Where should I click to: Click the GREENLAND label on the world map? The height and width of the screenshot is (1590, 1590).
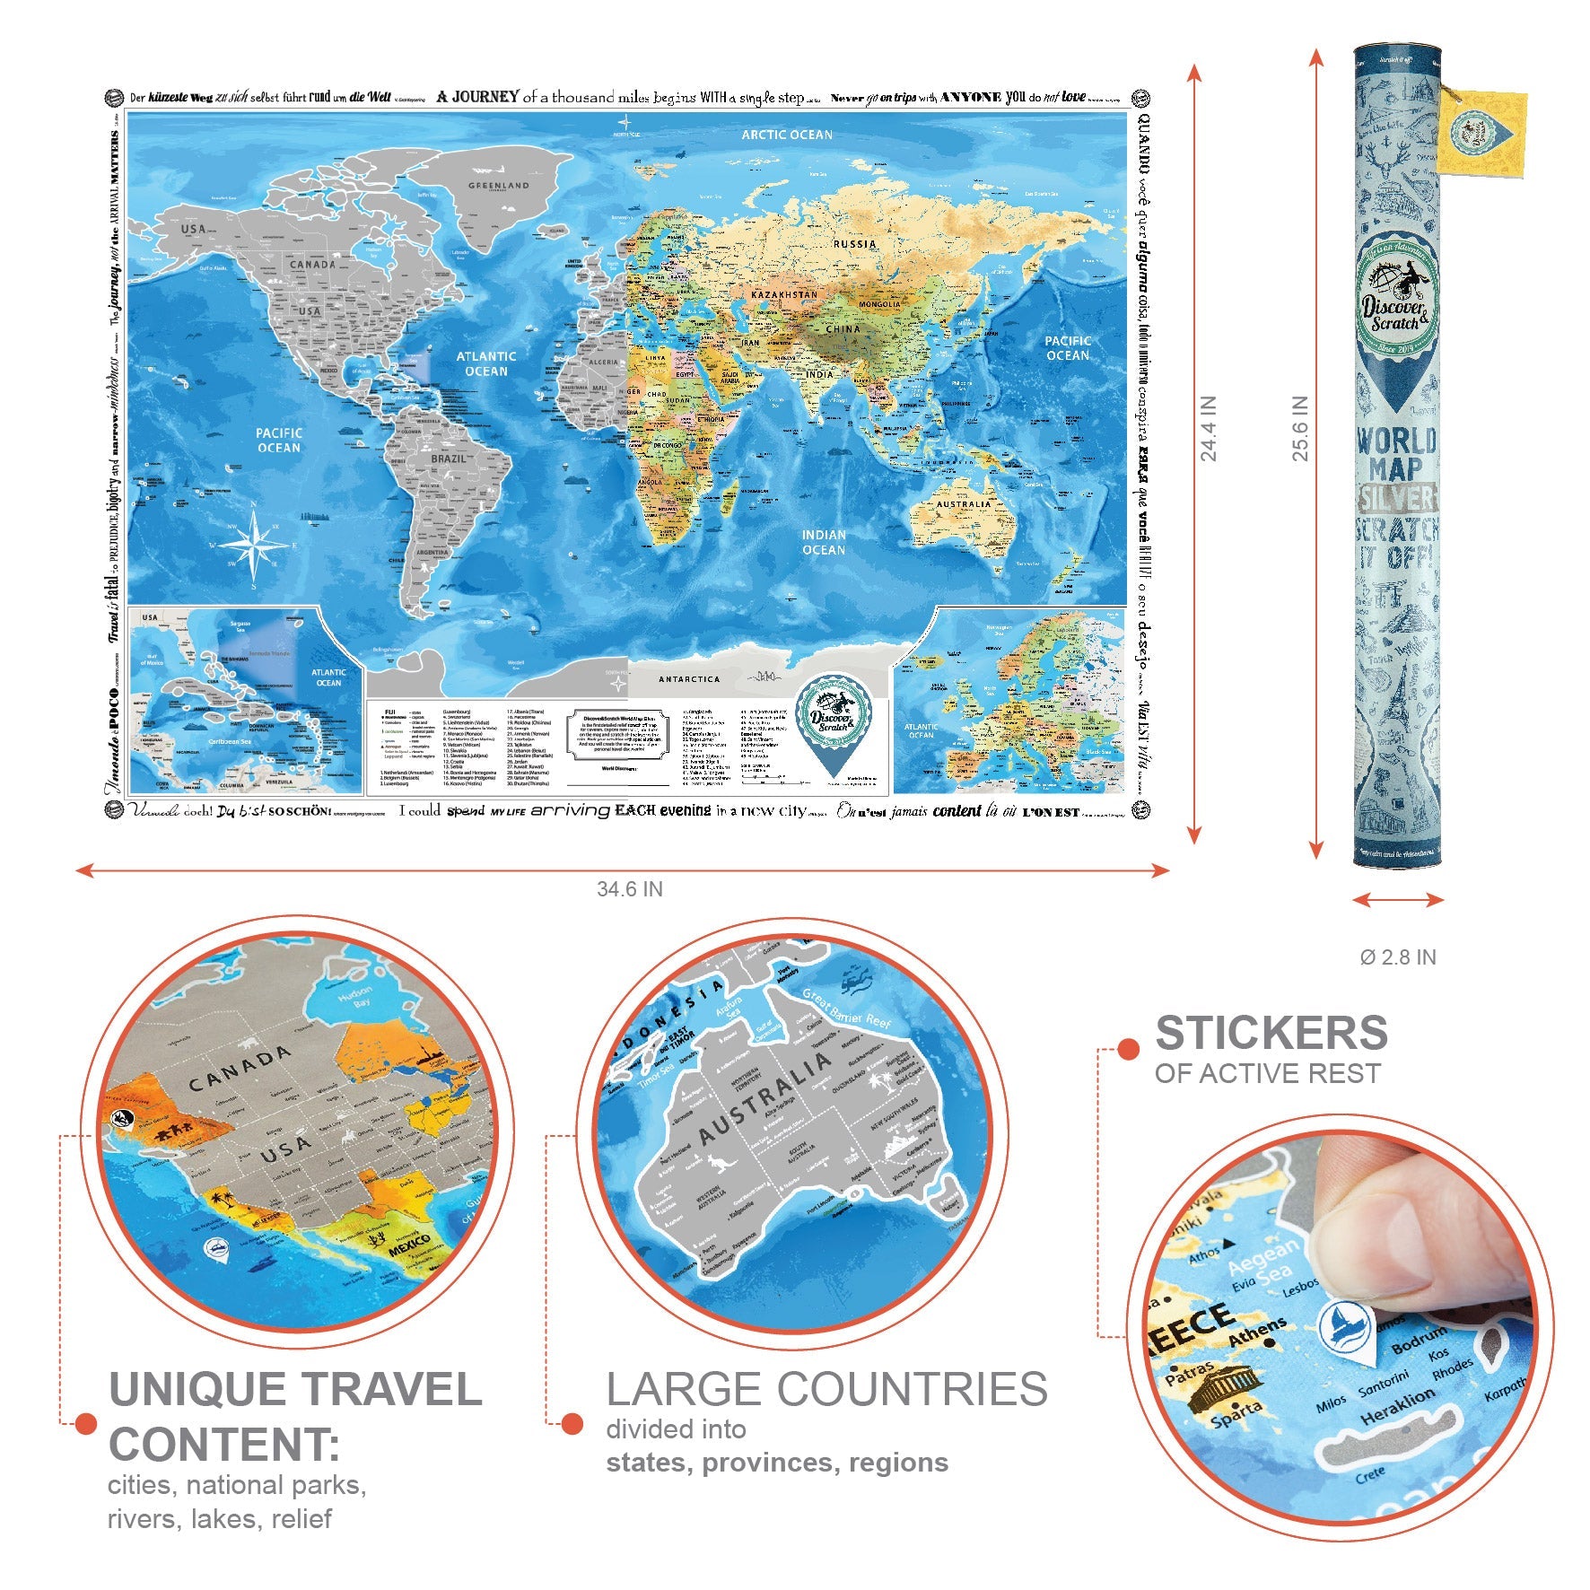(499, 186)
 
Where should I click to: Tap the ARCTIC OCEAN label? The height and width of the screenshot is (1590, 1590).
(787, 135)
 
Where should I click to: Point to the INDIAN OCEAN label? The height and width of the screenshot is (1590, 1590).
(824, 542)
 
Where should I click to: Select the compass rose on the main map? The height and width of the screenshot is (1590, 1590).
(255, 546)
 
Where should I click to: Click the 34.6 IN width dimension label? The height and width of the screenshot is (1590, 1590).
(630, 889)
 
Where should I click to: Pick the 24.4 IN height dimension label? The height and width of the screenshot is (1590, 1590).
(1209, 429)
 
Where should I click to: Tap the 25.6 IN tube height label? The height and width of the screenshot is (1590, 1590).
(1300, 429)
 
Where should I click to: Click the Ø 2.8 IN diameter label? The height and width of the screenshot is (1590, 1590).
(1398, 957)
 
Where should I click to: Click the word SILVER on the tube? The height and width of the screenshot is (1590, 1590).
(1397, 499)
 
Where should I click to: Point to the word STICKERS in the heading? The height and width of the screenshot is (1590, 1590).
(1271, 1033)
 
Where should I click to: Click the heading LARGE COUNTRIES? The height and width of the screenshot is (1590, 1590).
(826, 1389)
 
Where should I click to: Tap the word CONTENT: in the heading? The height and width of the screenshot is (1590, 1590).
(224, 1445)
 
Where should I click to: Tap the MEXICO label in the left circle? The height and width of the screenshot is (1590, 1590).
(409, 1247)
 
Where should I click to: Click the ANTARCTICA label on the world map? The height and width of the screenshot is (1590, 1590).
(689, 679)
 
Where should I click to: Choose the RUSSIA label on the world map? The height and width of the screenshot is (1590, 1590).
(854, 244)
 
